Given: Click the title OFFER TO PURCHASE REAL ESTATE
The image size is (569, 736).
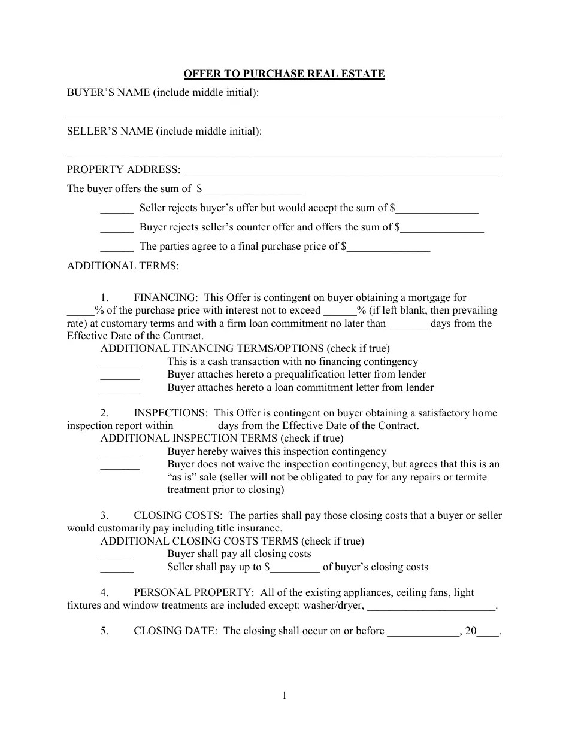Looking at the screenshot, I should (284, 74).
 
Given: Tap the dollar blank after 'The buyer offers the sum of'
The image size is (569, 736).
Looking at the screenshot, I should (252, 190).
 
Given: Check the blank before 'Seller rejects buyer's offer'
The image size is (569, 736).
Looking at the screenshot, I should (117, 210).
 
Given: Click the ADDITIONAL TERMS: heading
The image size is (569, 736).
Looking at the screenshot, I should (123, 266).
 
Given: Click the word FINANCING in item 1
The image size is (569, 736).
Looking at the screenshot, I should (165, 297).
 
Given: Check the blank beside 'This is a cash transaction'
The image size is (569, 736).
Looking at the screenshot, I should (120, 363).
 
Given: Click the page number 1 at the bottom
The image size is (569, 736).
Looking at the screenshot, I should (284, 695).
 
